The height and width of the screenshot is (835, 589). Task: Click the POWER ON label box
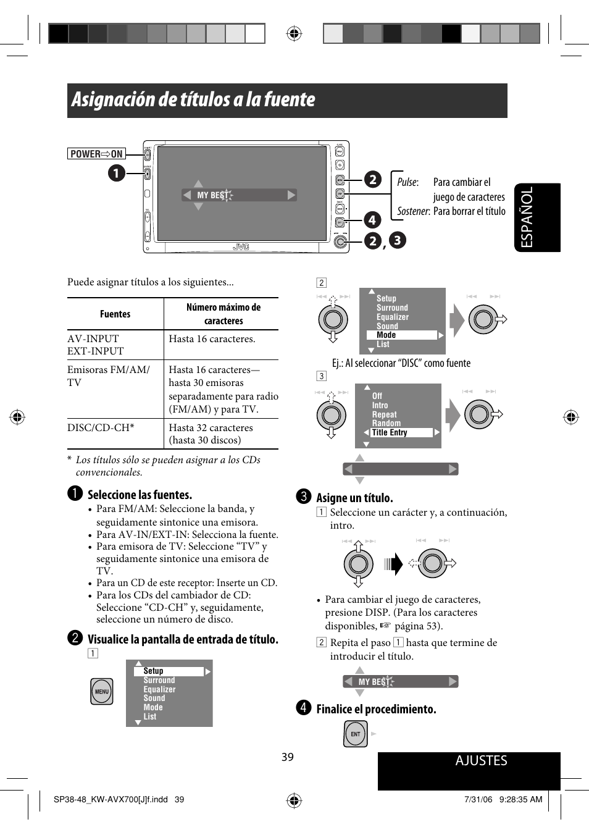pyautogui.click(x=96, y=154)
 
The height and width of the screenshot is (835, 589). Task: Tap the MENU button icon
pyautogui.click(x=102, y=692)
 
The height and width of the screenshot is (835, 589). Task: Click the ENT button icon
pyautogui.click(x=356, y=734)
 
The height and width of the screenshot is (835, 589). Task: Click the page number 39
pyautogui.click(x=288, y=757)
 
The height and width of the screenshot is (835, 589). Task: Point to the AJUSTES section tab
pyautogui.click(x=481, y=761)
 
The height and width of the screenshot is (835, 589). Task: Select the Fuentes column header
pyautogui.click(x=115, y=314)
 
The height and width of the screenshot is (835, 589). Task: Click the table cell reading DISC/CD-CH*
pyautogui.click(x=101, y=427)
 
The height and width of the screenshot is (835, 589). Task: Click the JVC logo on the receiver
pyautogui.click(x=241, y=247)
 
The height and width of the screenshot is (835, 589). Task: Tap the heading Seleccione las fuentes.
pyautogui.click(x=140, y=495)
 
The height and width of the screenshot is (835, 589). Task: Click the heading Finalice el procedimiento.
pyautogui.click(x=376, y=709)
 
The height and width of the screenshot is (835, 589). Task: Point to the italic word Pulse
pyautogui.click(x=407, y=182)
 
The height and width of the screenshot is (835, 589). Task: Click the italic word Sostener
pyautogui.click(x=413, y=211)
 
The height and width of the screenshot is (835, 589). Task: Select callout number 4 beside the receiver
pyautogui.click(x=372, y=220)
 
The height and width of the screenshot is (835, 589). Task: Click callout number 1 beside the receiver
pyautogui.click(x=117, y=173)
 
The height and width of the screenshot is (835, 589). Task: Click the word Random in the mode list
pyautogui.click(x=386, y=424)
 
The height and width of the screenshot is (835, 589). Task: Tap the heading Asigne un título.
pyautogui.click(x=354, y=498)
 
